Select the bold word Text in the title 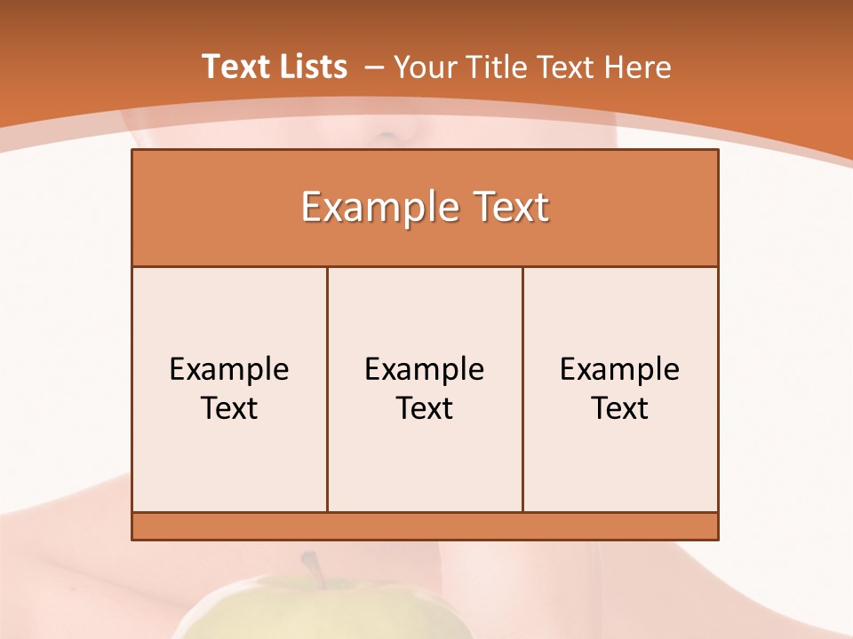(234, 67)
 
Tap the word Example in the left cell (229, 369)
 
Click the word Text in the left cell (229, 408)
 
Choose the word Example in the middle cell (425, 369)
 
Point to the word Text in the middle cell (425, 408)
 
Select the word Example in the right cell (619, 369)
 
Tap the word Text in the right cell (619, 408)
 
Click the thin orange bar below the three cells (425, 525)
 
